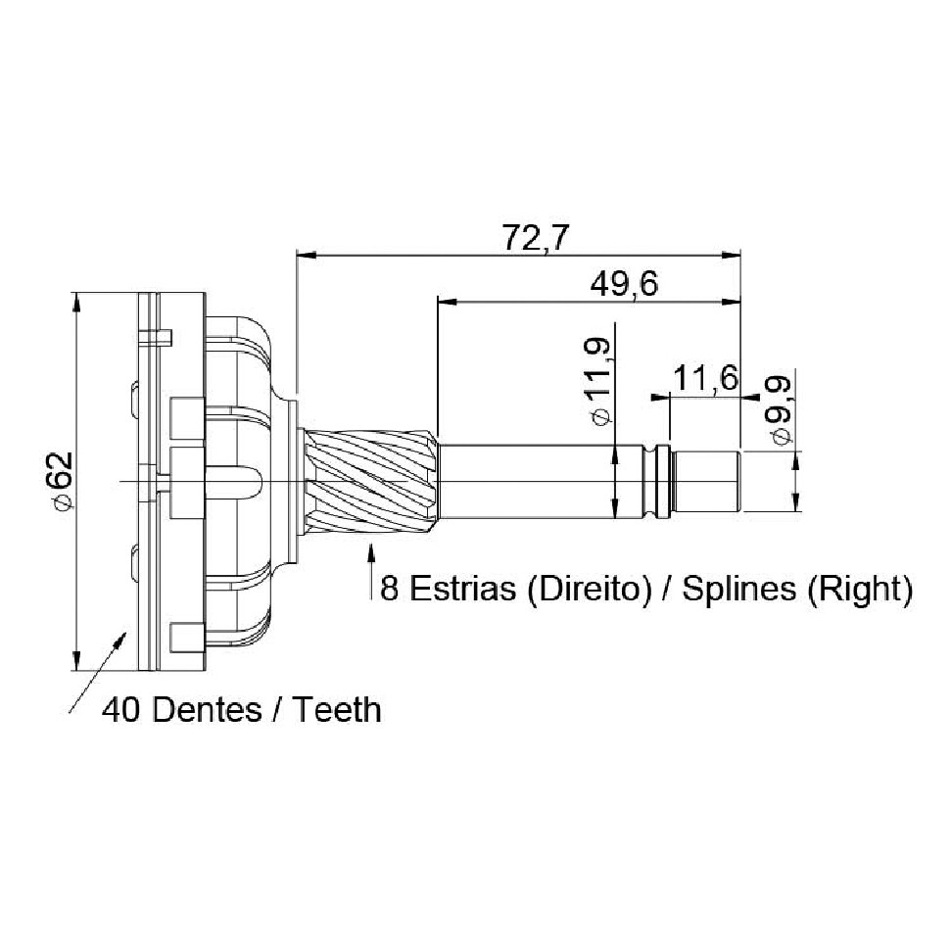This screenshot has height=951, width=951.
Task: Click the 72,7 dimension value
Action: (x=536, y=238)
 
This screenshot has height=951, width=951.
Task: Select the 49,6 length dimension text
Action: (x=624, y=284)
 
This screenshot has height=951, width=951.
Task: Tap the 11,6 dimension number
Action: (x=705, y=378)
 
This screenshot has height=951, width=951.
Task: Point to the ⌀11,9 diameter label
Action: (x=598, y=382)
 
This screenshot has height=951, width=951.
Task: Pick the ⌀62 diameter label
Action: (x=63, y=480)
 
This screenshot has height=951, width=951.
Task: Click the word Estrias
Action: (x=462, y=589)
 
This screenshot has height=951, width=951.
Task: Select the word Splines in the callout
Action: (x=738, y=589)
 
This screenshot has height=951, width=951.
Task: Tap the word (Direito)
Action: (x=585, y=589)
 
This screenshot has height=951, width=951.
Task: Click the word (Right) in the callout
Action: (x=859, y=589)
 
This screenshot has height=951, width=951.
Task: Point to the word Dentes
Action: (x=207, y=709)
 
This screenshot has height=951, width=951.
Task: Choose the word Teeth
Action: (x=337, y=709)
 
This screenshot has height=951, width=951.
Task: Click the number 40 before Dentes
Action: (x=121, y=709)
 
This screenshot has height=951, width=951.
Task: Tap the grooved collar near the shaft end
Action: (x=659, y=483)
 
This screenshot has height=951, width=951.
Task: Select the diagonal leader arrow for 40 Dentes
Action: (x=98, y=672)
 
